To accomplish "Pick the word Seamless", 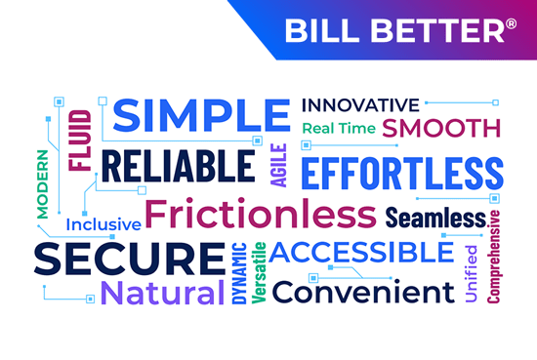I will coord(435,217).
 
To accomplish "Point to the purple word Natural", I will coord(162,292).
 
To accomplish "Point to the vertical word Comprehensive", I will coord(494,256).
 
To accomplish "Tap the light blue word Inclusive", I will coord(103,225).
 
